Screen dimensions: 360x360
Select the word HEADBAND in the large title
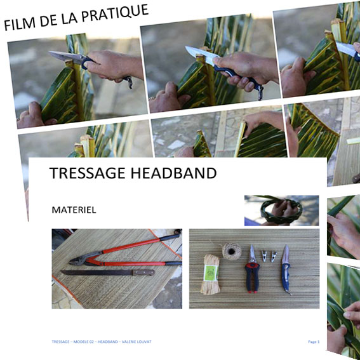[178, 173]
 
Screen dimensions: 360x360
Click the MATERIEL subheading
[74, 209]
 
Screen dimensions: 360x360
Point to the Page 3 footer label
[313, 342]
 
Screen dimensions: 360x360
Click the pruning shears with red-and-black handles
[253, 270]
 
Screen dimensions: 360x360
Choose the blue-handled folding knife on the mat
[286, 269]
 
